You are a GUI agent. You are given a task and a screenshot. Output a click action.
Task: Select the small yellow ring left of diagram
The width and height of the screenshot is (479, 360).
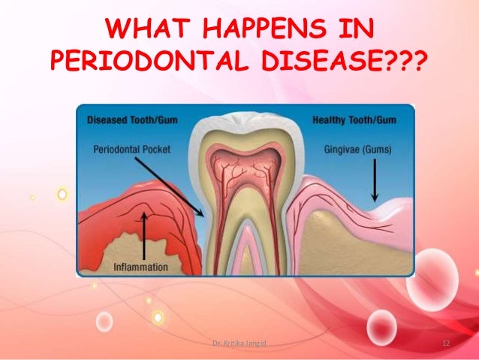(62, 194)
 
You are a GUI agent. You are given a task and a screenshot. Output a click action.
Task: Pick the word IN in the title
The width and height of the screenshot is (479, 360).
(358, 32)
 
